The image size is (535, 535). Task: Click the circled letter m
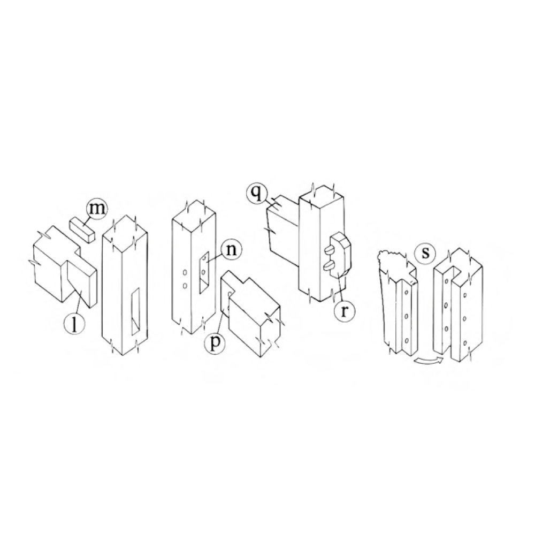(96, 208)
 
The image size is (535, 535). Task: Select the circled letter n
(231, 250)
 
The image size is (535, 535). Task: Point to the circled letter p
(214, 342)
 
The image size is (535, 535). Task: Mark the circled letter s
(425, 253)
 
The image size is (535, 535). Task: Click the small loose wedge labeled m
(82, 230)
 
